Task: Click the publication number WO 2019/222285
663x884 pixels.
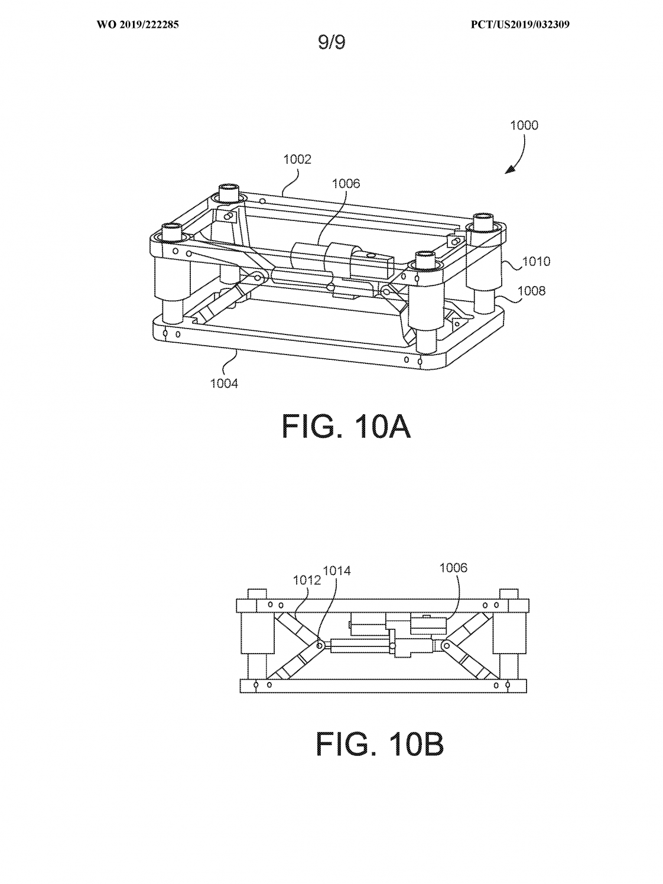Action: (138, 25)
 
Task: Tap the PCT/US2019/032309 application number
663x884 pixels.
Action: (520, 25)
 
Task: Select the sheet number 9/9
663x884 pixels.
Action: (331, 42)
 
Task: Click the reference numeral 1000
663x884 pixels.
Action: (524, 125)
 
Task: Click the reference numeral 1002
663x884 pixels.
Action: (297, 160)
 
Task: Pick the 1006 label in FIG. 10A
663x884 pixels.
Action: (346, 184)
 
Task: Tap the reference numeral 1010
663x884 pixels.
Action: (536, 261)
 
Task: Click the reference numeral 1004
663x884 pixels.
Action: (224, 383)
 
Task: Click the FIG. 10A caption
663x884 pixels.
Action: (346, 427)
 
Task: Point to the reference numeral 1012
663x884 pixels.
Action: (307, 580)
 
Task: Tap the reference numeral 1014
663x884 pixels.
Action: (337, 571)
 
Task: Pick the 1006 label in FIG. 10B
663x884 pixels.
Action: (453, 568)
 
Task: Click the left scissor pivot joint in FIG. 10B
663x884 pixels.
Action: (320, 646)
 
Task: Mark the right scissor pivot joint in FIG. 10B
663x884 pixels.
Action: (446, 646)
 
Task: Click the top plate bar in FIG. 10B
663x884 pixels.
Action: (382, 606)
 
